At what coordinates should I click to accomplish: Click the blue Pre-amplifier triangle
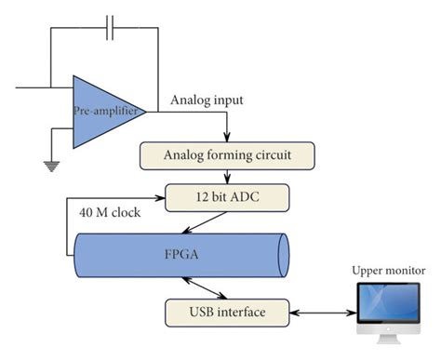tap(102, 112)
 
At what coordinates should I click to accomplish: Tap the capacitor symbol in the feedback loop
tap(111, 27)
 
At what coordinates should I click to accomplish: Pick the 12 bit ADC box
tap(227, 196)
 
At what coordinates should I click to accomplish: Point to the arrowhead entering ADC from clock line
tap(159, 196)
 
